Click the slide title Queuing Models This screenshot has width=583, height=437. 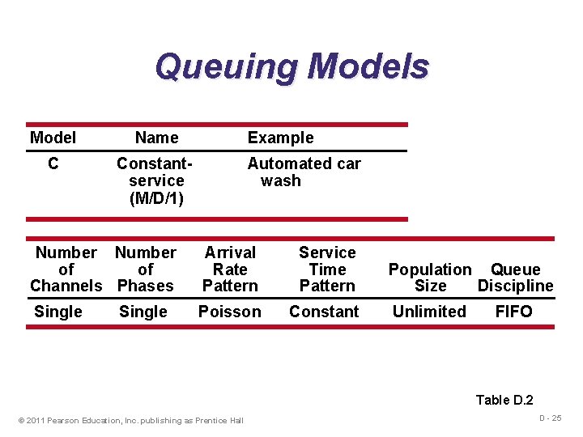point(291,66)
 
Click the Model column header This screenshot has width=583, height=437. point(53,138)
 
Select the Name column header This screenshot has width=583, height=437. point(156,138)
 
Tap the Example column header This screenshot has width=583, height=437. point(280,138)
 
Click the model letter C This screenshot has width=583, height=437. point(53,163)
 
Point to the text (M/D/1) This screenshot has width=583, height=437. point(156,197)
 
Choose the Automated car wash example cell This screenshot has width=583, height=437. point(303,172)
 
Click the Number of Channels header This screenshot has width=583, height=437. point(66,269)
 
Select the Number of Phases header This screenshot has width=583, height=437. point(146,269)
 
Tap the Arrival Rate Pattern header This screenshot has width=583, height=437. point(230,269)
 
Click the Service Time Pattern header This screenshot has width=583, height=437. point(327,269)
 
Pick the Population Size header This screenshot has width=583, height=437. point(430,278)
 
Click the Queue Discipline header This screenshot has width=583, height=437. point(516,278)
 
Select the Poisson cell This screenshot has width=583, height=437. point(230,312)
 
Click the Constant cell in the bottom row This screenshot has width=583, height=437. point(324,312)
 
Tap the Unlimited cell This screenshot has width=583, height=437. point(429,312)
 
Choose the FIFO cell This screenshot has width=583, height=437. point(514,312)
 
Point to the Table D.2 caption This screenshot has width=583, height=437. point(504,400)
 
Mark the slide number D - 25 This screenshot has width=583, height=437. point(550,418)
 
